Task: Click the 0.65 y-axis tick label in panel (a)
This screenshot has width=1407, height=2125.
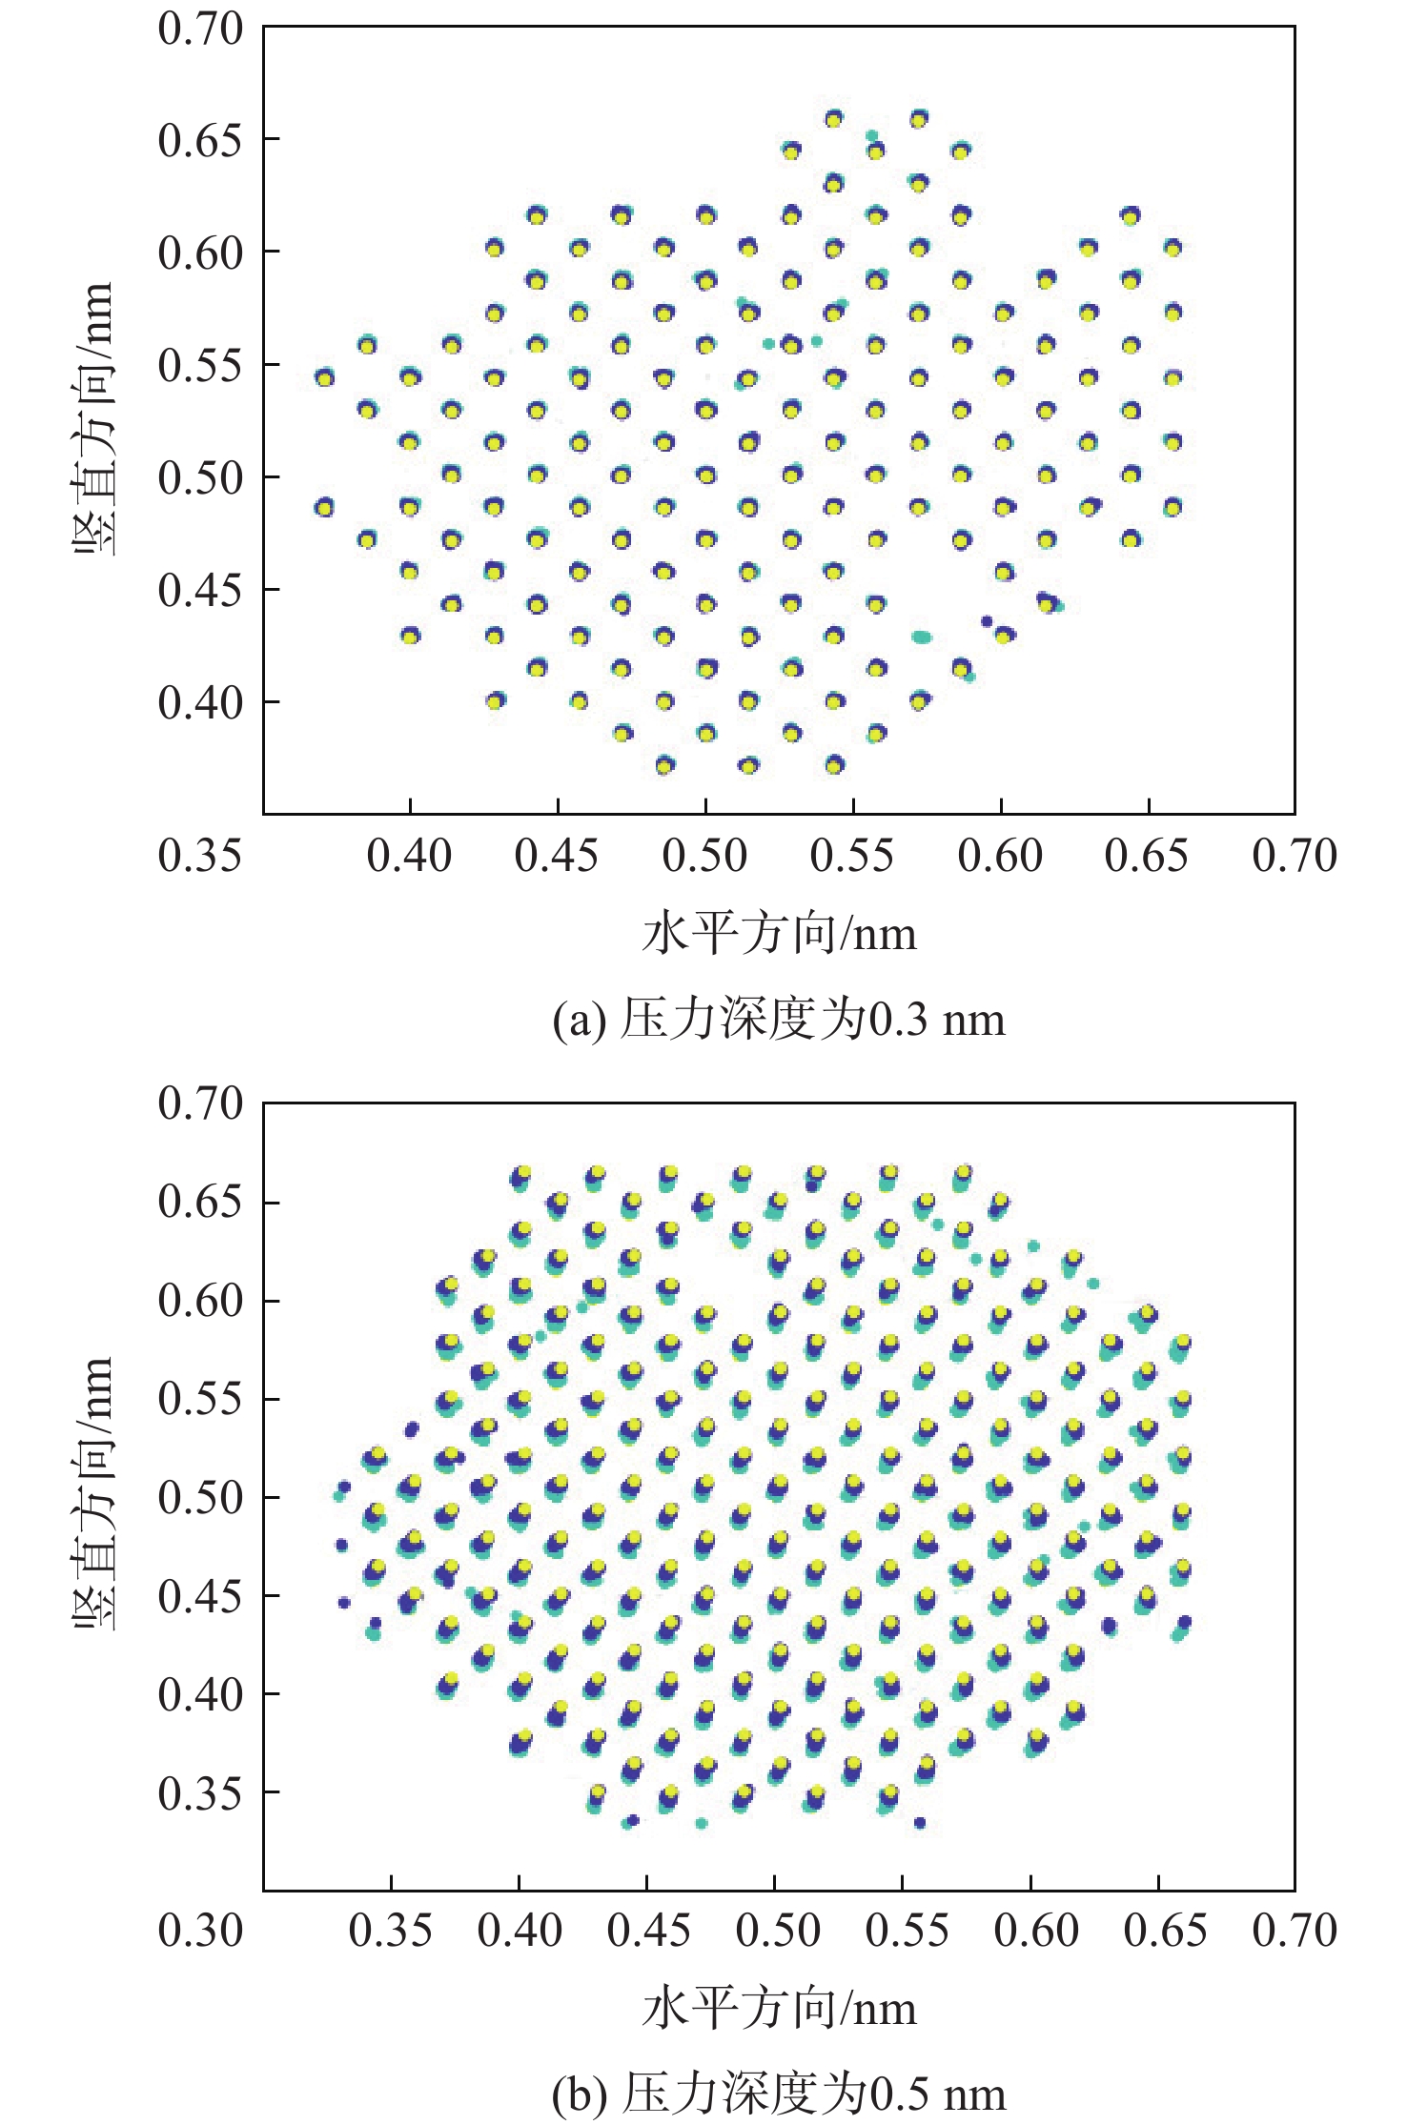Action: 200,140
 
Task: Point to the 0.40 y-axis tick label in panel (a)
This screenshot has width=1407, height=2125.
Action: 200,703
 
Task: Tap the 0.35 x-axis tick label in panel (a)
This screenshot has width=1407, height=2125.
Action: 200,856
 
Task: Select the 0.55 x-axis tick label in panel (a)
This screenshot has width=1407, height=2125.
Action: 852,856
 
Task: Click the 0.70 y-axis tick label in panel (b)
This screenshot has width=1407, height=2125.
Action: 200,1103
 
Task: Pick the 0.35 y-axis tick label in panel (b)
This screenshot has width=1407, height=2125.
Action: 200,1792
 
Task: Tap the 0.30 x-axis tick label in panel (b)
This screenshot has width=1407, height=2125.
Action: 200,1931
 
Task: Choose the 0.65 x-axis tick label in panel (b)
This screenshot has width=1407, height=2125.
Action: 1165,1931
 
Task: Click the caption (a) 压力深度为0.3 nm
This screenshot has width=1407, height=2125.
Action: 779,1020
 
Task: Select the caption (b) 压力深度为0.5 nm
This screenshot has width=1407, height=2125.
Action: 779,2095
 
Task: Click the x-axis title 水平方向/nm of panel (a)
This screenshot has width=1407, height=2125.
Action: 779,934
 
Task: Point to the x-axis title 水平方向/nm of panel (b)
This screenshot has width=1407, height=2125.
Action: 779,2009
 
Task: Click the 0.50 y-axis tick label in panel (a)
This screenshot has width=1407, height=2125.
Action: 200,477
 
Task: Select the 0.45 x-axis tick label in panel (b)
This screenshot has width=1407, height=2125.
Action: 649,1931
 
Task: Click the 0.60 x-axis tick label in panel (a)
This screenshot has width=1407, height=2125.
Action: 1000,856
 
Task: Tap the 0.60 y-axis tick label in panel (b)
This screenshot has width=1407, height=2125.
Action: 200,1301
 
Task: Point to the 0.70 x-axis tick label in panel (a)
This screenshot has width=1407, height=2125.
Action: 1295,856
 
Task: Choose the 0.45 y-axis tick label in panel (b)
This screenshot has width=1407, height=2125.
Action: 200,1595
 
